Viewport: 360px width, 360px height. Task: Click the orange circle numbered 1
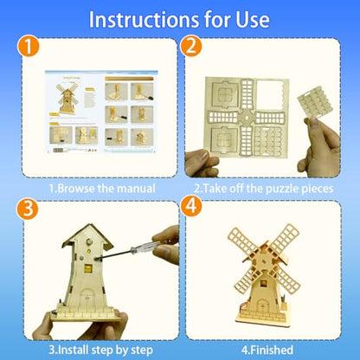coord(28,46)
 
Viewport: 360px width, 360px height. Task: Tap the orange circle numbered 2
coord(191,46)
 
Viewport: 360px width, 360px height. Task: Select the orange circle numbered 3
coord(28,209)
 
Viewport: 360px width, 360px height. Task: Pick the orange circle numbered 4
coord(191,207)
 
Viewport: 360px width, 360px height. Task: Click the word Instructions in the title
coord(144,20)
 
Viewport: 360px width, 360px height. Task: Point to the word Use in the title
coord(253,20)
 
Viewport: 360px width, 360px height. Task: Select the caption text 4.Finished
coord(267,350)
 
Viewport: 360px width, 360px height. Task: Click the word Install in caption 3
coord(73,350)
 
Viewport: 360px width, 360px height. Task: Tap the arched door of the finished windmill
coord(262,305)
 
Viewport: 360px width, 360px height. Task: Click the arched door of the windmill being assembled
coord(87,298)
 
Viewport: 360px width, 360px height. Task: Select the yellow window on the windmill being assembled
coord(87,268)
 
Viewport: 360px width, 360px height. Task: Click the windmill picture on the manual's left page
coord(67,98)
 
